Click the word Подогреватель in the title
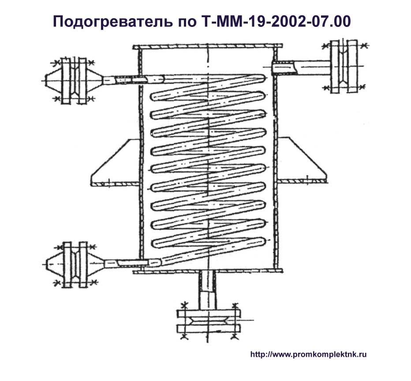113,22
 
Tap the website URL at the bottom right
309,355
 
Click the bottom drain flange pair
209,321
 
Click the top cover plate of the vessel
208,47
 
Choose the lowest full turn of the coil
209,243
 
